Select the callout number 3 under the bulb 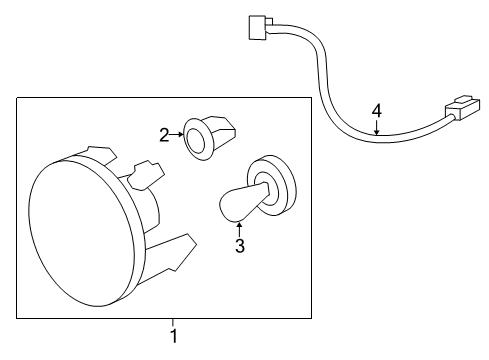point(239,245)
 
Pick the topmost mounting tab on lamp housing point(98,153)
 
